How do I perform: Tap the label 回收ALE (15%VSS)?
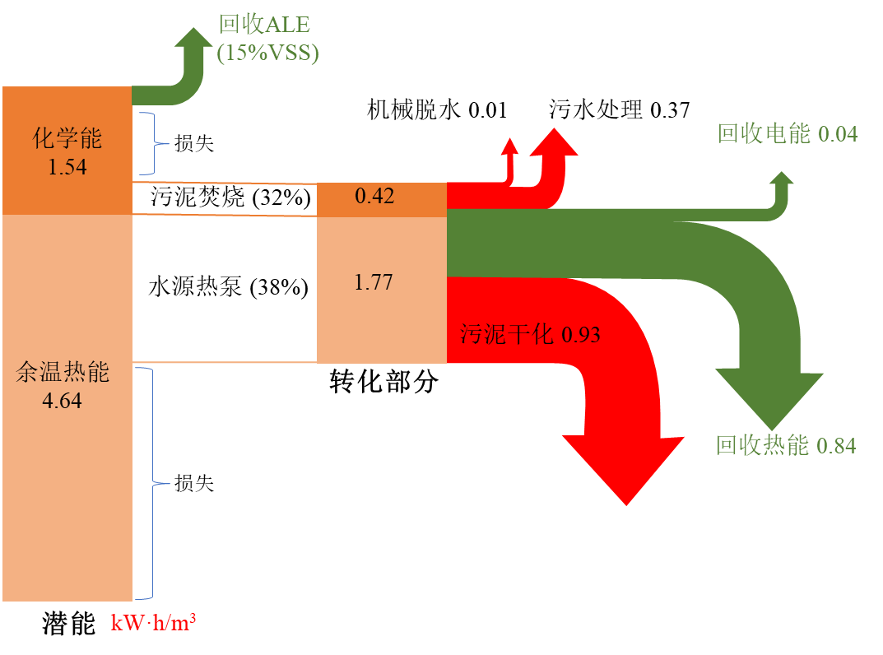pos(267,39)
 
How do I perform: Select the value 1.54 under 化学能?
pos(67,167)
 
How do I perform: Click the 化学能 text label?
pos(67,138)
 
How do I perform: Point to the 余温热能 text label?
pos(63,373)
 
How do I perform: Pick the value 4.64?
pos(63,402)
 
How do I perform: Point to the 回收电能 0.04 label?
pos(787,134)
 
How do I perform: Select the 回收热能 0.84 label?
pos(785,446)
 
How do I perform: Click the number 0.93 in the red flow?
pos(580,335)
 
